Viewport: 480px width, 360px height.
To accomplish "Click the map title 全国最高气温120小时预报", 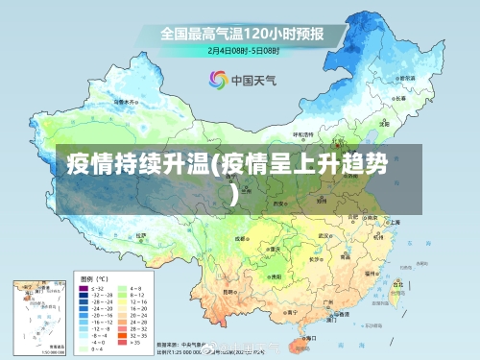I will tap(241, 33).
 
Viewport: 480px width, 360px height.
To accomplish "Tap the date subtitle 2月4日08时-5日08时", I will tap(241, 48).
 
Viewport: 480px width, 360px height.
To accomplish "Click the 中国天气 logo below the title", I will tap(240, 79).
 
